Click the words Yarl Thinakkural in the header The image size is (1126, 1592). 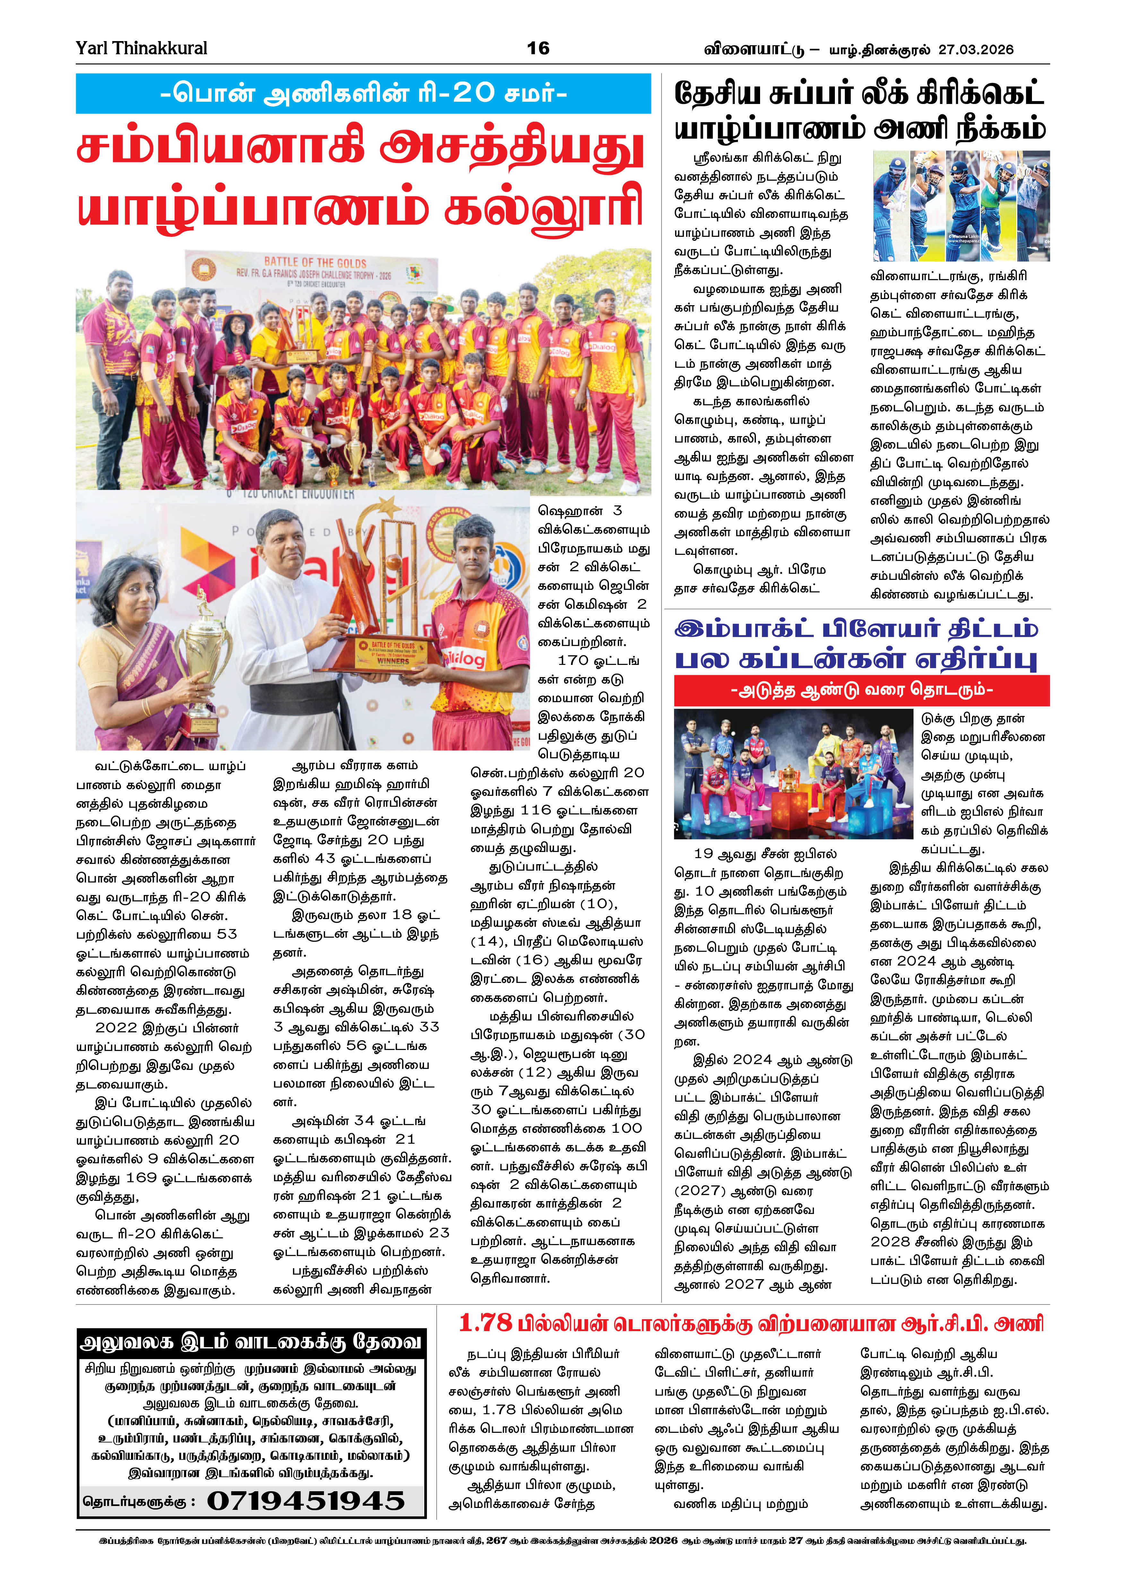point(142,48)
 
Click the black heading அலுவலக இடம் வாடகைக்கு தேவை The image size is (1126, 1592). point(251,1342)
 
